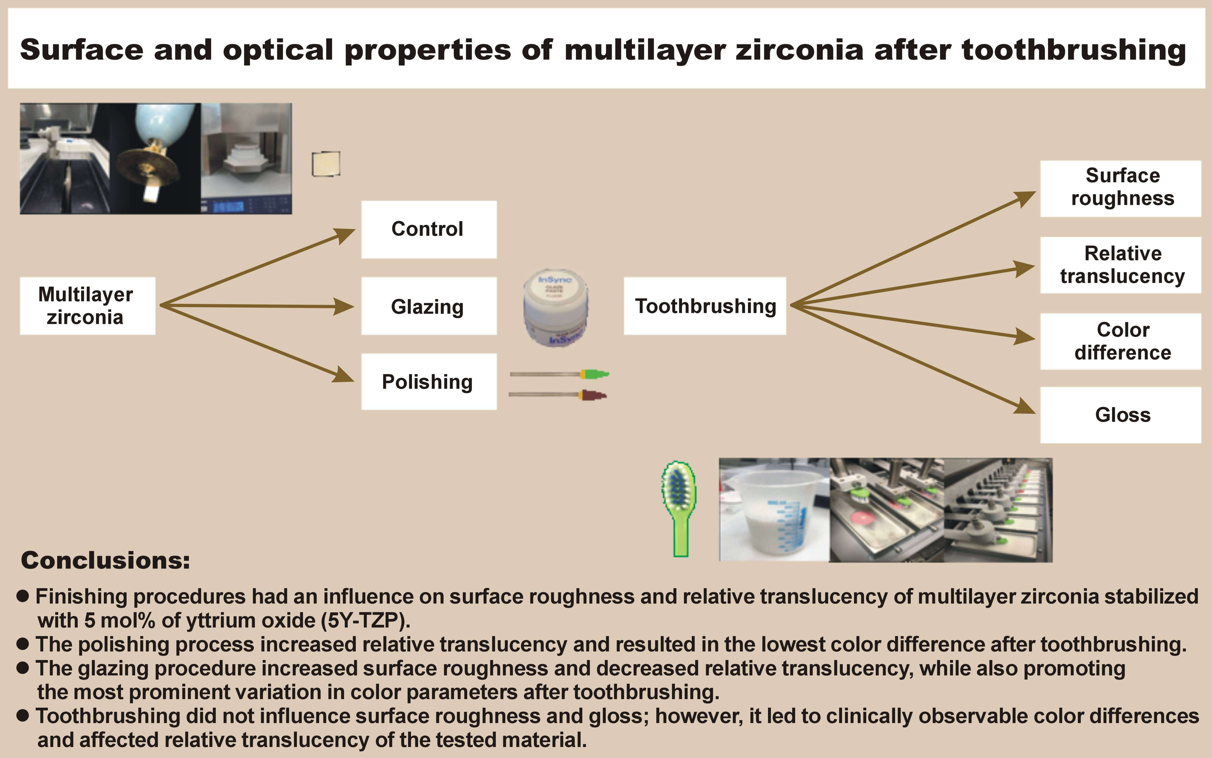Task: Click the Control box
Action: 429,230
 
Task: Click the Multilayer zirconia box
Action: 87,306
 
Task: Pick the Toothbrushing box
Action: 705,306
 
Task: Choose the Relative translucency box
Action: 1122,265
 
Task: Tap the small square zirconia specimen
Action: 326,164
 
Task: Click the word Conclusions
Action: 105,561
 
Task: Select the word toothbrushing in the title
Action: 1074,50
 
